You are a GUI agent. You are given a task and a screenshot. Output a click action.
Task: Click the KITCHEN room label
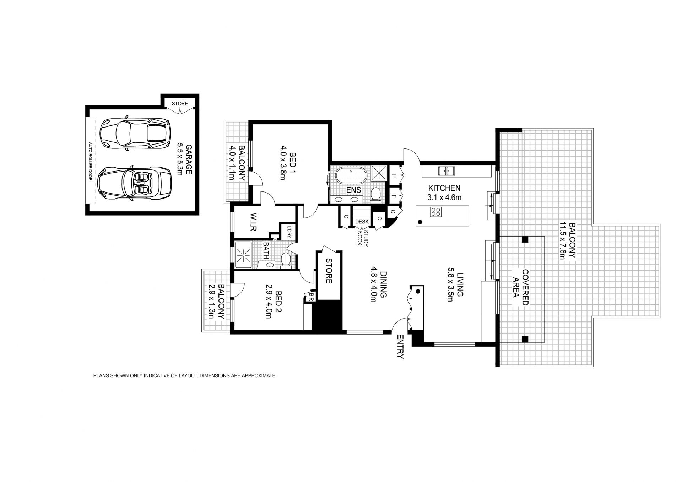[x=444, y=188]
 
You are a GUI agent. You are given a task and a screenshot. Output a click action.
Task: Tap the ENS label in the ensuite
[x=353, y=190]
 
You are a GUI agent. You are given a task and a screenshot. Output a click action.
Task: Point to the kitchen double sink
[x=446, y=171]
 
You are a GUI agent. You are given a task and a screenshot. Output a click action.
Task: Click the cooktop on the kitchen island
[x=435, y=212]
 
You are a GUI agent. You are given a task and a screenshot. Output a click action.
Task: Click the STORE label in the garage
[x=180, y=104]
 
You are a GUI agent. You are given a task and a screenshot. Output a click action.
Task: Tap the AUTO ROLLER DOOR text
[x=90, y=162]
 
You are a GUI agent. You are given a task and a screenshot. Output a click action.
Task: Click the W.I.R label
[x=253, y=222]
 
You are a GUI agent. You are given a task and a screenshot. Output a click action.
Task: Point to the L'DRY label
[x=289, y=232]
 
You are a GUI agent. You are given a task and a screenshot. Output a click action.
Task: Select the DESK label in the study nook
[x=362, y=222]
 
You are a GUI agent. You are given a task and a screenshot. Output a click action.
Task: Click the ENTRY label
[x=400, y=346]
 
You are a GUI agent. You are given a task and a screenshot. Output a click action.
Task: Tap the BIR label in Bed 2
[x=312, y=297]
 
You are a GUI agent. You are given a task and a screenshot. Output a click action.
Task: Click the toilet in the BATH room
[x=286, y=259]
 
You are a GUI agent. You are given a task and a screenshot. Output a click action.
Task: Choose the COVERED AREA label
[x=521, y=287]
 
